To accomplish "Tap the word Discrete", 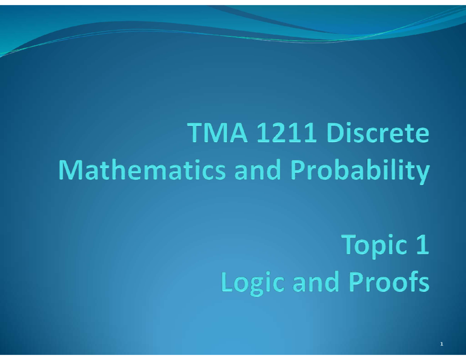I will [379, 134].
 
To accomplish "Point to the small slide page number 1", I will [442, 344].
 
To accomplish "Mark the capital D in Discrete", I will [337, 134].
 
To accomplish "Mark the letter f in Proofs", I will [412, 282].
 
